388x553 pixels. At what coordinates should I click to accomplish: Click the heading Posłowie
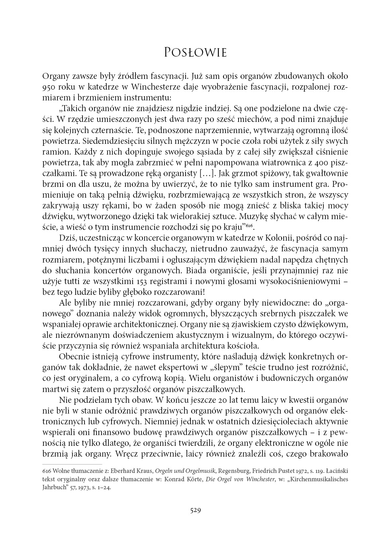tap(195, 53)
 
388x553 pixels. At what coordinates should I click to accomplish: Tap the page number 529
tap(195, 510)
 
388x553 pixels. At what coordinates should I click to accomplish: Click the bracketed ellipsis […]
tap(205, 173)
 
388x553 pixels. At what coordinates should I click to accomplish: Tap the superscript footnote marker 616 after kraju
tap(249, 226)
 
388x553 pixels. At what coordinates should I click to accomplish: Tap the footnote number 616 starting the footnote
tap(47, 471)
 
